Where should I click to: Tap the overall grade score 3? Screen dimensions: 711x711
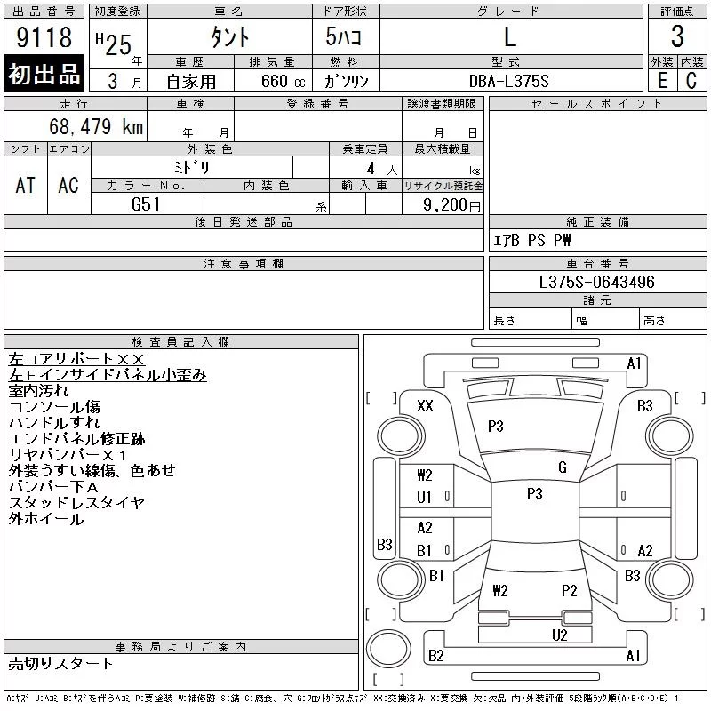[x=677, y=37]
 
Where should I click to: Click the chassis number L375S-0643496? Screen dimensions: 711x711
[x=597, y=283]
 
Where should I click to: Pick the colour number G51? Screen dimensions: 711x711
[x=147, y=204]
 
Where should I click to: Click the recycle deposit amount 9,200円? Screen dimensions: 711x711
[x=453, y=204]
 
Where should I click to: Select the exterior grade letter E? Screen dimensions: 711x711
[x=662, y=80]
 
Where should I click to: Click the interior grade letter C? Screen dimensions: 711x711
[x=691, y=80]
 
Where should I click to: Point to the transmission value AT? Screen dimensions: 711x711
[x=26, y=185]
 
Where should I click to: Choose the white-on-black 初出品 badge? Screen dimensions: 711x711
[x=44, y=74]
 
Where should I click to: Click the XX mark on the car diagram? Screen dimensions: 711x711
[x=425, y=406]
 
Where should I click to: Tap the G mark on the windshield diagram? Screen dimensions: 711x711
[x=562, y=467]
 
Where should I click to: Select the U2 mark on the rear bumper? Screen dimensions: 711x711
[x=559, y=635]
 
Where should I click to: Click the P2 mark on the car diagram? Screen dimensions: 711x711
[x=569, y=590]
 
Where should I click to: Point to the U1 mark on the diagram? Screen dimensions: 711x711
[x=424, y=498]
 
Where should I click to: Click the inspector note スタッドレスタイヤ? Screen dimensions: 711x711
[x=76, y=503]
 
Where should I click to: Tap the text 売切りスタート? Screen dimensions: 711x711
[x=61, y=663]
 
